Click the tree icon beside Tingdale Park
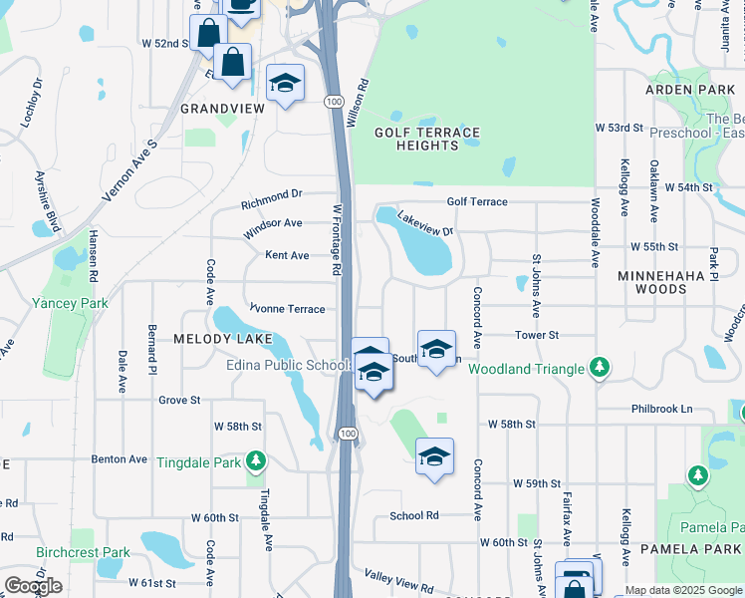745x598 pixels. click(x=257, y=459)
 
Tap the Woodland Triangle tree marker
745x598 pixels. click(x=599, y=369)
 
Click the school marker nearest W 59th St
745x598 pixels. click(x=434, y=456)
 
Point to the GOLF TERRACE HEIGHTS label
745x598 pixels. click(x=426, y=139)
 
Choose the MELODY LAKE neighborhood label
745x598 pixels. click(x=223, y=339)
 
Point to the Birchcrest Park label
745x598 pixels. click(x=83, y=552)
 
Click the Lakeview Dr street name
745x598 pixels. click(x=425, y=223)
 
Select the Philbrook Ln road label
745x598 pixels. click(x=660, y=409)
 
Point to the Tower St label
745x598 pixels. click(x=537, y=336)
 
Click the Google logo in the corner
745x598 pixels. click(x=33, y=586)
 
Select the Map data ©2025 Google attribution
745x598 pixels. click(x=683, y=590)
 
